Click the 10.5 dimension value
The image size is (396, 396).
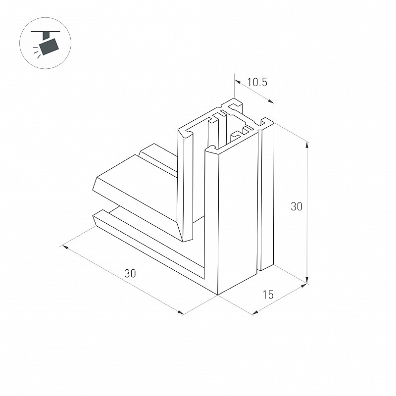(x=257, y=82)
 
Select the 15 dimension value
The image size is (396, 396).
(x=268, y=295)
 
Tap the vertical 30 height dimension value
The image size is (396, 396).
(x=296, y=206)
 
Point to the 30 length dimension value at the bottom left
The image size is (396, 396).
(x=130, y=273)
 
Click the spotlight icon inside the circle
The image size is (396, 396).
(x=46, y=43)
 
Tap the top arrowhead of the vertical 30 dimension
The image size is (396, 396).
(x=307, y=145)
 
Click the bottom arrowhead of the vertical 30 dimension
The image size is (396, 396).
(x=307, y=280)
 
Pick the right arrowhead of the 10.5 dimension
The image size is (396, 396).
(x=270, y=101)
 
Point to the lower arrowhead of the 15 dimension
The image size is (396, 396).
(x=255, y=312)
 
